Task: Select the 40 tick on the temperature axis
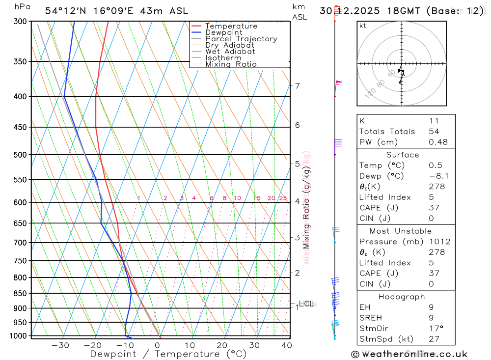pyautogui.click(x=286, y=345)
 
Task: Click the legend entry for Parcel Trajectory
pyautogui.click(x=241, y=39)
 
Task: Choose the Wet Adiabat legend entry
pyautogui.click(x=230, y=52)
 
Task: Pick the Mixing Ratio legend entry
pyautogui.click(x=231, y=64)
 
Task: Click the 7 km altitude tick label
pyautogui.click(x=297, y=86)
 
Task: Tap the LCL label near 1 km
pyautogui.click(x=306, y=304)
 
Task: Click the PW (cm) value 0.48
pyautogui.click(x=438, y=142)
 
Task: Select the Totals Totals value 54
pyautogui.click(x=434, y=131)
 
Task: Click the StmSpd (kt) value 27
pyautogui.click(x=434, y=339)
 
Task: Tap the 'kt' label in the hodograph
pyautogui.click(x=363, y=26)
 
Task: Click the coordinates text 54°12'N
pyautogui.click(x=65, y=10)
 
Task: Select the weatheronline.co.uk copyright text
pyautogui.click(x=409, y=354)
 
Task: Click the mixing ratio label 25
pyautogui.click(x=283, y=198)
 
